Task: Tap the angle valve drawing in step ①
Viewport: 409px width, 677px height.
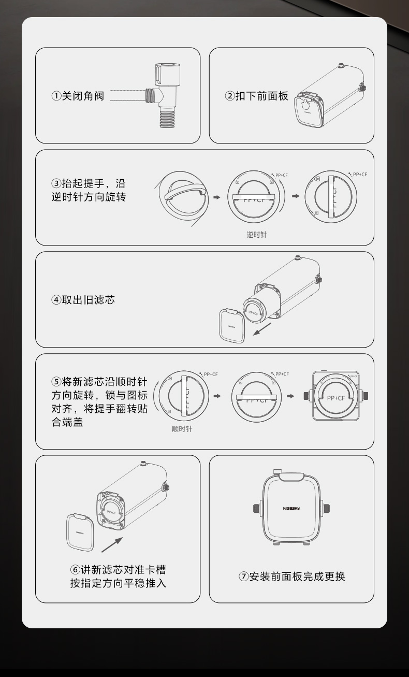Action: point(165,96)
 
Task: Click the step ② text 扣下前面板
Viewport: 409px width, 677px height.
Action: point(256,96)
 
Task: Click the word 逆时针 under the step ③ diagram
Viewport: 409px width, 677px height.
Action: point(257,235)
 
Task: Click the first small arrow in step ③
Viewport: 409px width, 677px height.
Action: point(217,197)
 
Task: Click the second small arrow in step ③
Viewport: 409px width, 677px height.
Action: point(296,196)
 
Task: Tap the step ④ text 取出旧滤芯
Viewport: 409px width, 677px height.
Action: point(83,300)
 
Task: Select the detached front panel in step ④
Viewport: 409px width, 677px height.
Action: point(232,326)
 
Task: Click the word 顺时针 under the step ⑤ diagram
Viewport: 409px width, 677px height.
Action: point(182,429)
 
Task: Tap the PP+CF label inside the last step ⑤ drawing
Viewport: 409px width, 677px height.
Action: point(335,398)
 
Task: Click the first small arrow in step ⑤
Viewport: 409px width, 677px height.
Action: point(217,396)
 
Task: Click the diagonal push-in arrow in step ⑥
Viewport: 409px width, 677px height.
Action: point(112,545)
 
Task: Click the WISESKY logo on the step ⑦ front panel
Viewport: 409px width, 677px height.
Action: point(291,508)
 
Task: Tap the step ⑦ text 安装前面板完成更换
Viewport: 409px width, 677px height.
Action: point(291,577)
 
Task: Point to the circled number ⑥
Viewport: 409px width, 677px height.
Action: point(75,570)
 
